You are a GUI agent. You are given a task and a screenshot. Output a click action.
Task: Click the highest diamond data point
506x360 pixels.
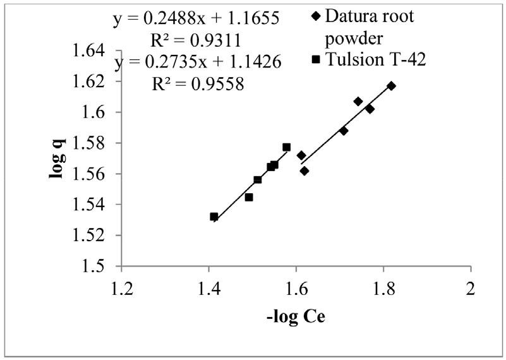(392, 86)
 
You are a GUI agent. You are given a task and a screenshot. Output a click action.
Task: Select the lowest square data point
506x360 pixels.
(214, 217)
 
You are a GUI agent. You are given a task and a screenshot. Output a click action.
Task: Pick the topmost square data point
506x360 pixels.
(287, 147)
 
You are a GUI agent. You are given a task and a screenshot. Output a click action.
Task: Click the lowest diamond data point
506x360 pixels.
(304, 171)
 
